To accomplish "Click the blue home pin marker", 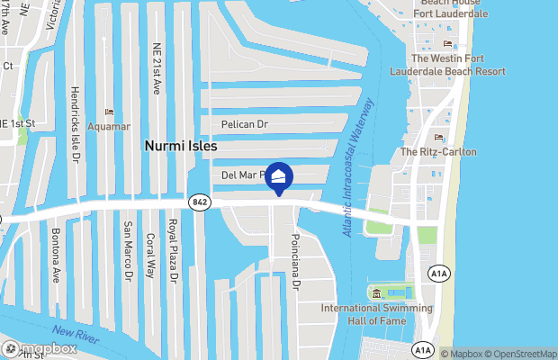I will click(279, 176).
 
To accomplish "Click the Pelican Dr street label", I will click(245, 123).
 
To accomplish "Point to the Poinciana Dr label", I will click(294, 264).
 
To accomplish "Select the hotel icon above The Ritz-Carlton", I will click(439, 137).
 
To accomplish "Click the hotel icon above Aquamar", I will click(109, 113).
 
